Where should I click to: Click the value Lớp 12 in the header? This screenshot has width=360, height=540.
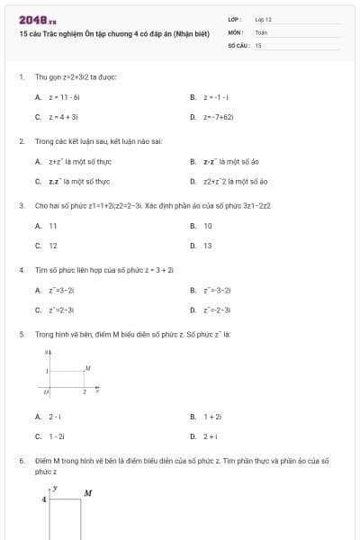[x=263, y=18]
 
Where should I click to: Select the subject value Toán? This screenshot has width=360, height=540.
[x=261, y=31]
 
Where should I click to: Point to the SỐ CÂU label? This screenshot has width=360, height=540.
[x=238, y=43]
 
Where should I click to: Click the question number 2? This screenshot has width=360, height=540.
[x=21, y=141]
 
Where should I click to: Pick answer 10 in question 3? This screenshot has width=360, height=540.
[x=208, y=226]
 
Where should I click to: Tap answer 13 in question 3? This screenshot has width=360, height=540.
[x=208, y=246]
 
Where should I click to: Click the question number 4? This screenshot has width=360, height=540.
[x=21, y=269]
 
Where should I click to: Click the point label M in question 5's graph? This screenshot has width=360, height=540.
[x=87, y=369]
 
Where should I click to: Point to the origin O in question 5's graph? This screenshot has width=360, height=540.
[x=44, y=392]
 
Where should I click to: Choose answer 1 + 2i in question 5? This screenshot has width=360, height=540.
[x=212, y=417]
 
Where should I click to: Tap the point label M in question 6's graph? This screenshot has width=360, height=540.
[x=88, y=492]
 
